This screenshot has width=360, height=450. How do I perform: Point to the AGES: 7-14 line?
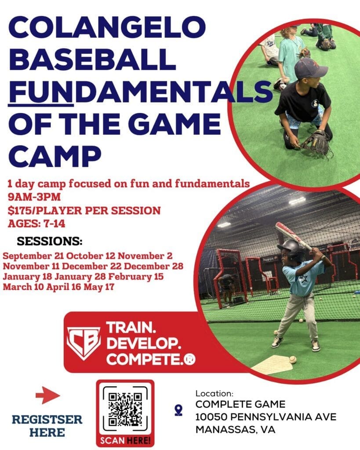click(36, 223)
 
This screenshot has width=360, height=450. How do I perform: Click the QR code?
click(125, 409)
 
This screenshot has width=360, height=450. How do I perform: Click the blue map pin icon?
click(178, 410)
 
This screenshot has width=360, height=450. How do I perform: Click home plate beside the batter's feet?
click(273, 364)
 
